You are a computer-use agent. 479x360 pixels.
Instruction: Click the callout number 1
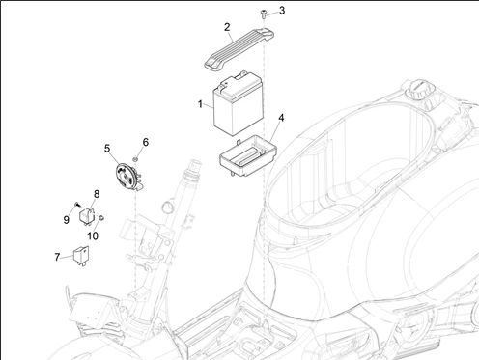point(200,104)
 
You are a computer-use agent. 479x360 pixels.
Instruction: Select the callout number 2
point(227,27)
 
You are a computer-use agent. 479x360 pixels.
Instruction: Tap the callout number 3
point(282,11)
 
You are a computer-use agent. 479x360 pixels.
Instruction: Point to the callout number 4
point(281,118)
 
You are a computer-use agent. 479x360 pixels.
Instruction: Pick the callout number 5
point(107,149)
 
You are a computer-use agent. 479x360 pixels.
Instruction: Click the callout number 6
point(146,142)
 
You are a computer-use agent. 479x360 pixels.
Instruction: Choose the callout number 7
point(57,257)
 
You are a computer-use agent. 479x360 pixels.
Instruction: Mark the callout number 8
point(97,194)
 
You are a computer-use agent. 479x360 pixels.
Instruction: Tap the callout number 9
point(66,220)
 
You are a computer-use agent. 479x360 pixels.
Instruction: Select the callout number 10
point(93,235)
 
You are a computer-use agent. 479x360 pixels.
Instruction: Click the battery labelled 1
point(239,103)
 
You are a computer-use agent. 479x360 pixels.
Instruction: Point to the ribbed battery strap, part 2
point(239,47)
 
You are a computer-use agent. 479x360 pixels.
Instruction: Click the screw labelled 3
point(263,14)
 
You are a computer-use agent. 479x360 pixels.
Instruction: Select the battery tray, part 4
point(248,155)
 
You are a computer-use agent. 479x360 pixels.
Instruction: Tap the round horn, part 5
point(127,177)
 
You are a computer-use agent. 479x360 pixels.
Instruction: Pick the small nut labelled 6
point(136,159)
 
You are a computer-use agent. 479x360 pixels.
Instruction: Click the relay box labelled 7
point(81,255)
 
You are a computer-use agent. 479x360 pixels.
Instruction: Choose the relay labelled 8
point(87,215)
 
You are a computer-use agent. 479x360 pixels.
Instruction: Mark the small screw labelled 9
point(77,205)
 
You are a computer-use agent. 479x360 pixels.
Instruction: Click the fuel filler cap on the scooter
point(421,88)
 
